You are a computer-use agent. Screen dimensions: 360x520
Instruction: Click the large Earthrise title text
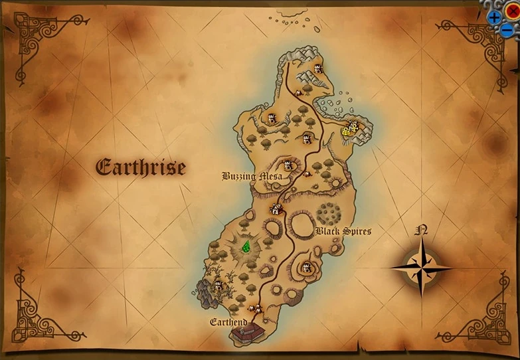[x=141, y=167]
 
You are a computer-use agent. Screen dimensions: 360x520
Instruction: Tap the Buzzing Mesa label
[x=252, y=177]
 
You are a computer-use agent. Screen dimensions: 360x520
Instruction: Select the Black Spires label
[x=343, y=231]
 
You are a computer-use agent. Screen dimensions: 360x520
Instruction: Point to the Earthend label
[x=228, y=322]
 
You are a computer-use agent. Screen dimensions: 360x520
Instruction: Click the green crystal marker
[x=246, y=247]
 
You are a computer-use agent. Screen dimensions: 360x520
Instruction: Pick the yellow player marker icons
[x=350, y=129]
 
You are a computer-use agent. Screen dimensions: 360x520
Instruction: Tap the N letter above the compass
[x=420, y=231]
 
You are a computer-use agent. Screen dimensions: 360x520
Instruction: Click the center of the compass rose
[x=420, y=268]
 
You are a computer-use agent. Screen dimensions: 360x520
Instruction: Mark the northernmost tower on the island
[x=317, y=68]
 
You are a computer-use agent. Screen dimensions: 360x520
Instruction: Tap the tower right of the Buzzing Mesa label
[x=288, y=165]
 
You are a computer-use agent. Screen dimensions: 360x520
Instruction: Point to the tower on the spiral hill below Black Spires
[x=306, y=268]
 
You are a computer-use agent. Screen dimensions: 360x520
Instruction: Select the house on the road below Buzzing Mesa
[x=276, y=209]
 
